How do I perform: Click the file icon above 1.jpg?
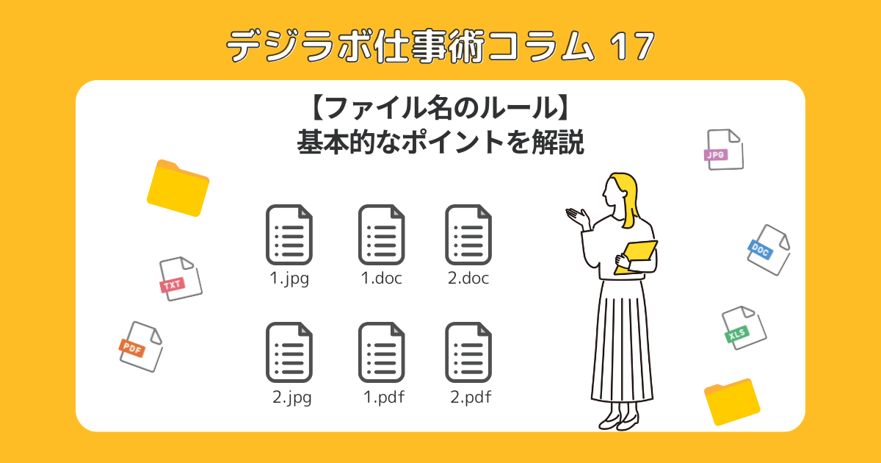coord(289,234)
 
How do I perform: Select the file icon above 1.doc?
coord(382,234)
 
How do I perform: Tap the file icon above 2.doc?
coord(468,234)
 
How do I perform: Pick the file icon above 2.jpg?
coord(289,352)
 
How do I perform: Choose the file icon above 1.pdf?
coord(382,352)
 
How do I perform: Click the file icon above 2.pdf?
coord(468,352)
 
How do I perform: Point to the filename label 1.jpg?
coord(289,279)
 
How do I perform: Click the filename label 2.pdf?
coord(471,398)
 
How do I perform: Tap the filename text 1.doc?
coord(382,279)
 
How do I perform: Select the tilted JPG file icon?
coord(724,150)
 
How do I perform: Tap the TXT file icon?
coord(181,279)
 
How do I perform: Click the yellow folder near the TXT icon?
coord(178,188)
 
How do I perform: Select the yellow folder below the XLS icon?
coord(731,402)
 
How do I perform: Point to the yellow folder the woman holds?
coord(637,257)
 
